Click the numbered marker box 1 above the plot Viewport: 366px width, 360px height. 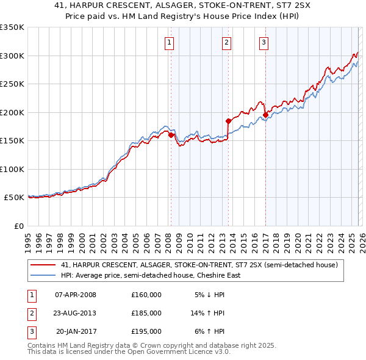pos(168,42)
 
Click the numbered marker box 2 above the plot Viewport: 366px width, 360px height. pos(226,42)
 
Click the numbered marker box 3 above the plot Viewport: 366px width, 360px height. pos(264,42)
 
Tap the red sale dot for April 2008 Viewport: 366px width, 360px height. pos(171,135)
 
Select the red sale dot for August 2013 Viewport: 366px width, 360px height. pos(229,121)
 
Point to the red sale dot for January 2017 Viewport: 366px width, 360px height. pos(266,115)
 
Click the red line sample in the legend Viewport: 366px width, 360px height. pos(43,265)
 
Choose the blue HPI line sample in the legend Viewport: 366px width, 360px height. pos(43,275)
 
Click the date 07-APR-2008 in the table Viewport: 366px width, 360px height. pos(75,295)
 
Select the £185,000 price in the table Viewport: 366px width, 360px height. pos(146,313)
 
